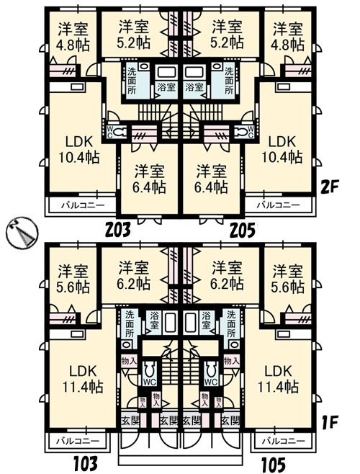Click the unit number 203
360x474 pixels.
(x=118, y=230)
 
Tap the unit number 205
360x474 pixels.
(x=243, y=230)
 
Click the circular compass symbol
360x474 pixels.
(x=22, y=233)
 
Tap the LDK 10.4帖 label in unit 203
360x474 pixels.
(x=78, y=149)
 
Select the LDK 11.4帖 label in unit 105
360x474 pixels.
(x=278, y=379)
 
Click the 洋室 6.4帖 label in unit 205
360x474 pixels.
(x=211, y=179)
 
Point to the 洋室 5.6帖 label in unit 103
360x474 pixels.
(x=73, y=279)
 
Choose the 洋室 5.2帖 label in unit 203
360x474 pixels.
(x=134, y=35)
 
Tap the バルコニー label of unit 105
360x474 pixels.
(x=284, y=441)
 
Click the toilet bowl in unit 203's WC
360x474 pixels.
(x=119, y=132)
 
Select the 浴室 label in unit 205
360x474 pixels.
(x=194, y=88)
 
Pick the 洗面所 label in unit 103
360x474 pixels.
(x=130, y=323)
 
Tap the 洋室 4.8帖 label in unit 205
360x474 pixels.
(x=288, y=36)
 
